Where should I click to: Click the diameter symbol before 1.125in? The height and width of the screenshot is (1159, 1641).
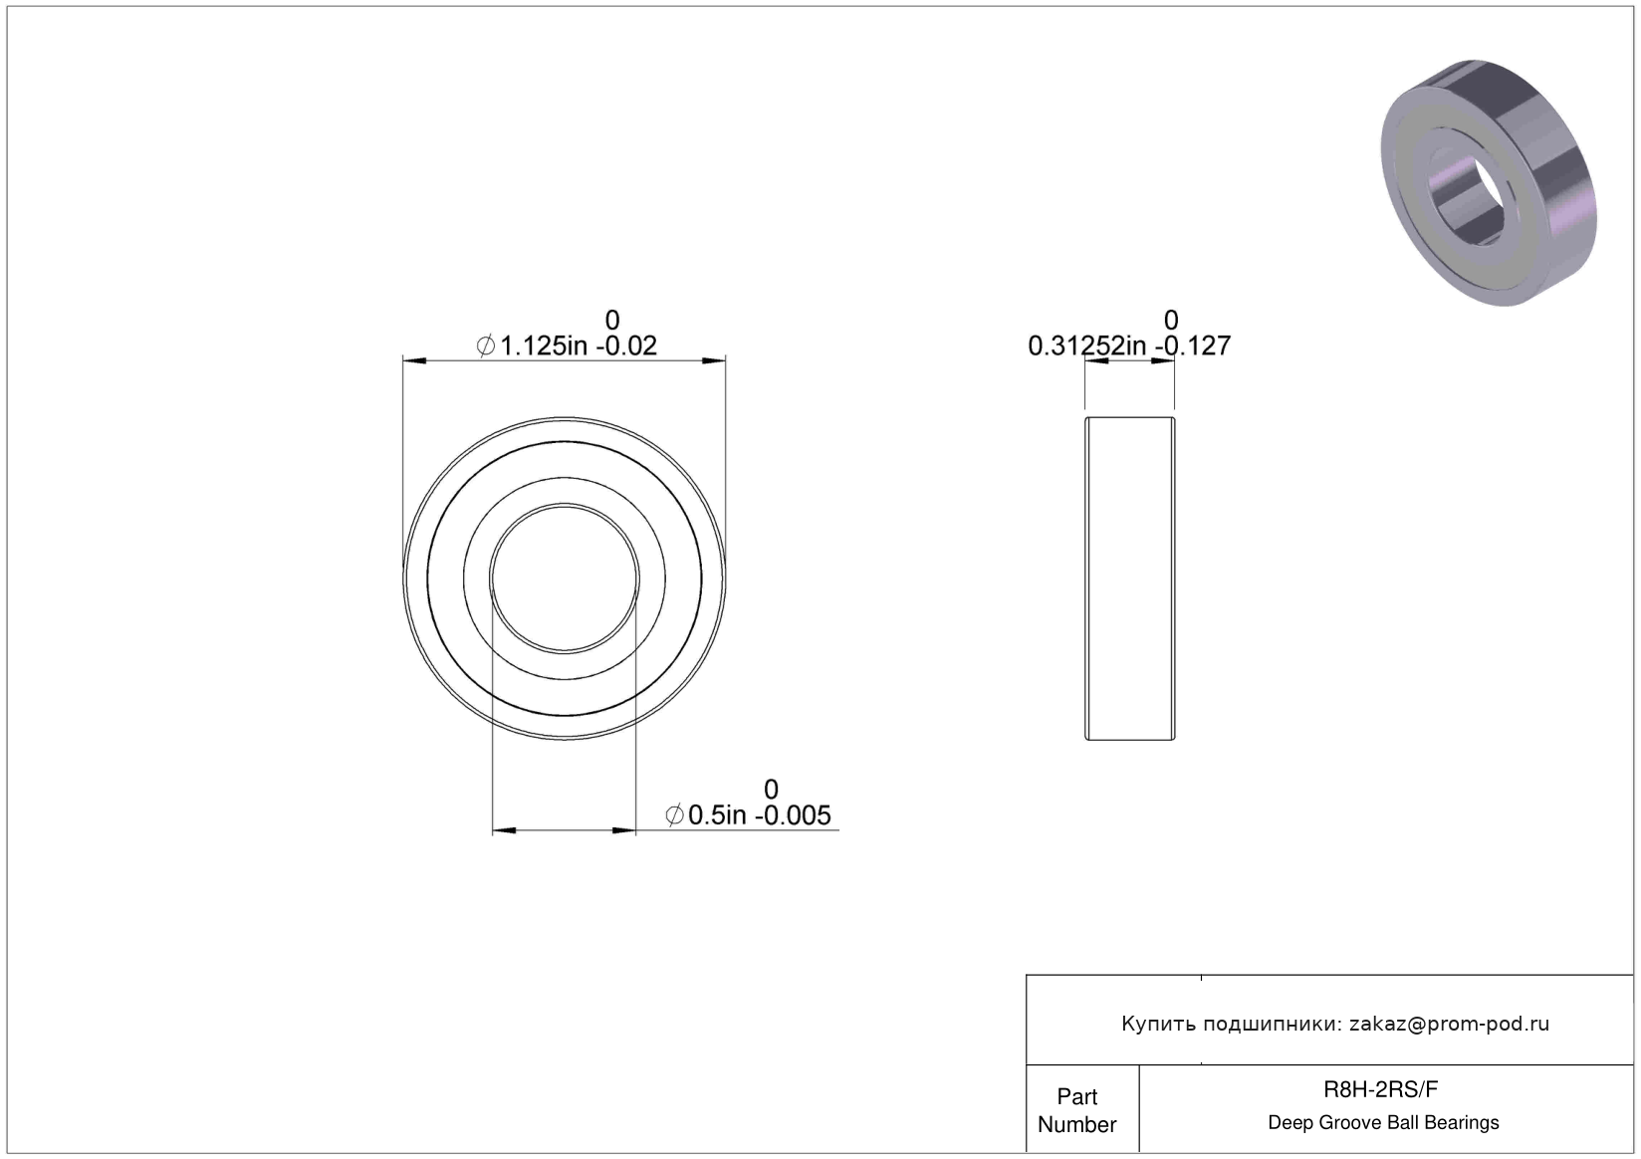point(486,346)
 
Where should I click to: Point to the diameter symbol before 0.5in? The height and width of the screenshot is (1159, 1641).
point(675,815)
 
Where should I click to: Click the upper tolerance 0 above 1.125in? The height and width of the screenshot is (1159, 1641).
point(612,321)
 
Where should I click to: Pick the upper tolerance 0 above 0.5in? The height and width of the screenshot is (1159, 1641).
point(771,789)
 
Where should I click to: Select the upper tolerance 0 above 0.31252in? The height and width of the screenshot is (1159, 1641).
point(1171,321)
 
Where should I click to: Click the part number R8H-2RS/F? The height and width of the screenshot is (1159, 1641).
point(1380,1089)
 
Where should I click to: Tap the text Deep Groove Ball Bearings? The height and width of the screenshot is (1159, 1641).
point(1383,1122)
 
